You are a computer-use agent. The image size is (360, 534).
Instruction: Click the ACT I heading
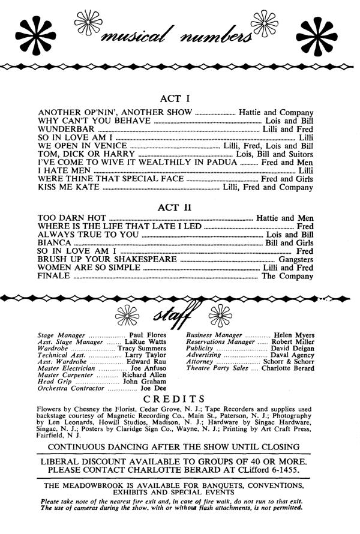tap(180, 98)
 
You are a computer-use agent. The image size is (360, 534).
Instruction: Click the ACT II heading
tap(180, 208)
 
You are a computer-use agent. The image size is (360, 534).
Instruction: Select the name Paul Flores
tap(151, 335)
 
